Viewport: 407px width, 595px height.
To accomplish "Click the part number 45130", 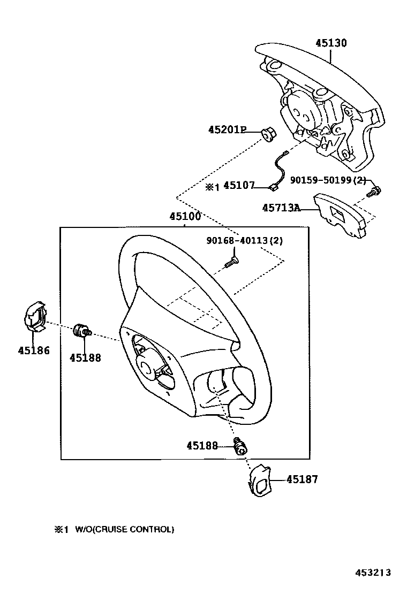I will click(x=331, y=43).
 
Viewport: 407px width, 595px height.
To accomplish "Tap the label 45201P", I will click(x=227, y=129).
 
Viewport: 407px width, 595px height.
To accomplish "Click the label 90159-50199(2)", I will click(x=328, y=180).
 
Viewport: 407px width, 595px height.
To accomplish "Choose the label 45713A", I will click(x=281, y=208).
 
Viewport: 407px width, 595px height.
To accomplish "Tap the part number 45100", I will click(x=185, y=217).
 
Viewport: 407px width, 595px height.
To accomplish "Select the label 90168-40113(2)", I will click(x=245, y=240).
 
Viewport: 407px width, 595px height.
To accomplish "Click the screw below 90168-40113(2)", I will click(x=232, y=262).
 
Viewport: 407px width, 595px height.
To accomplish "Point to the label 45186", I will click(x=33, y=351).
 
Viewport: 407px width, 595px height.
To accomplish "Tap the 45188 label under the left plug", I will click(x=85, y=358).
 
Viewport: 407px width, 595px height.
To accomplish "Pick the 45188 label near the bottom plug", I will click(x=202, y=445).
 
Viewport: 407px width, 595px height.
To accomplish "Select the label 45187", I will click(x=302, y=479).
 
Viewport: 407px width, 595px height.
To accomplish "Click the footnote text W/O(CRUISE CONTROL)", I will click(x=124, y=529).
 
